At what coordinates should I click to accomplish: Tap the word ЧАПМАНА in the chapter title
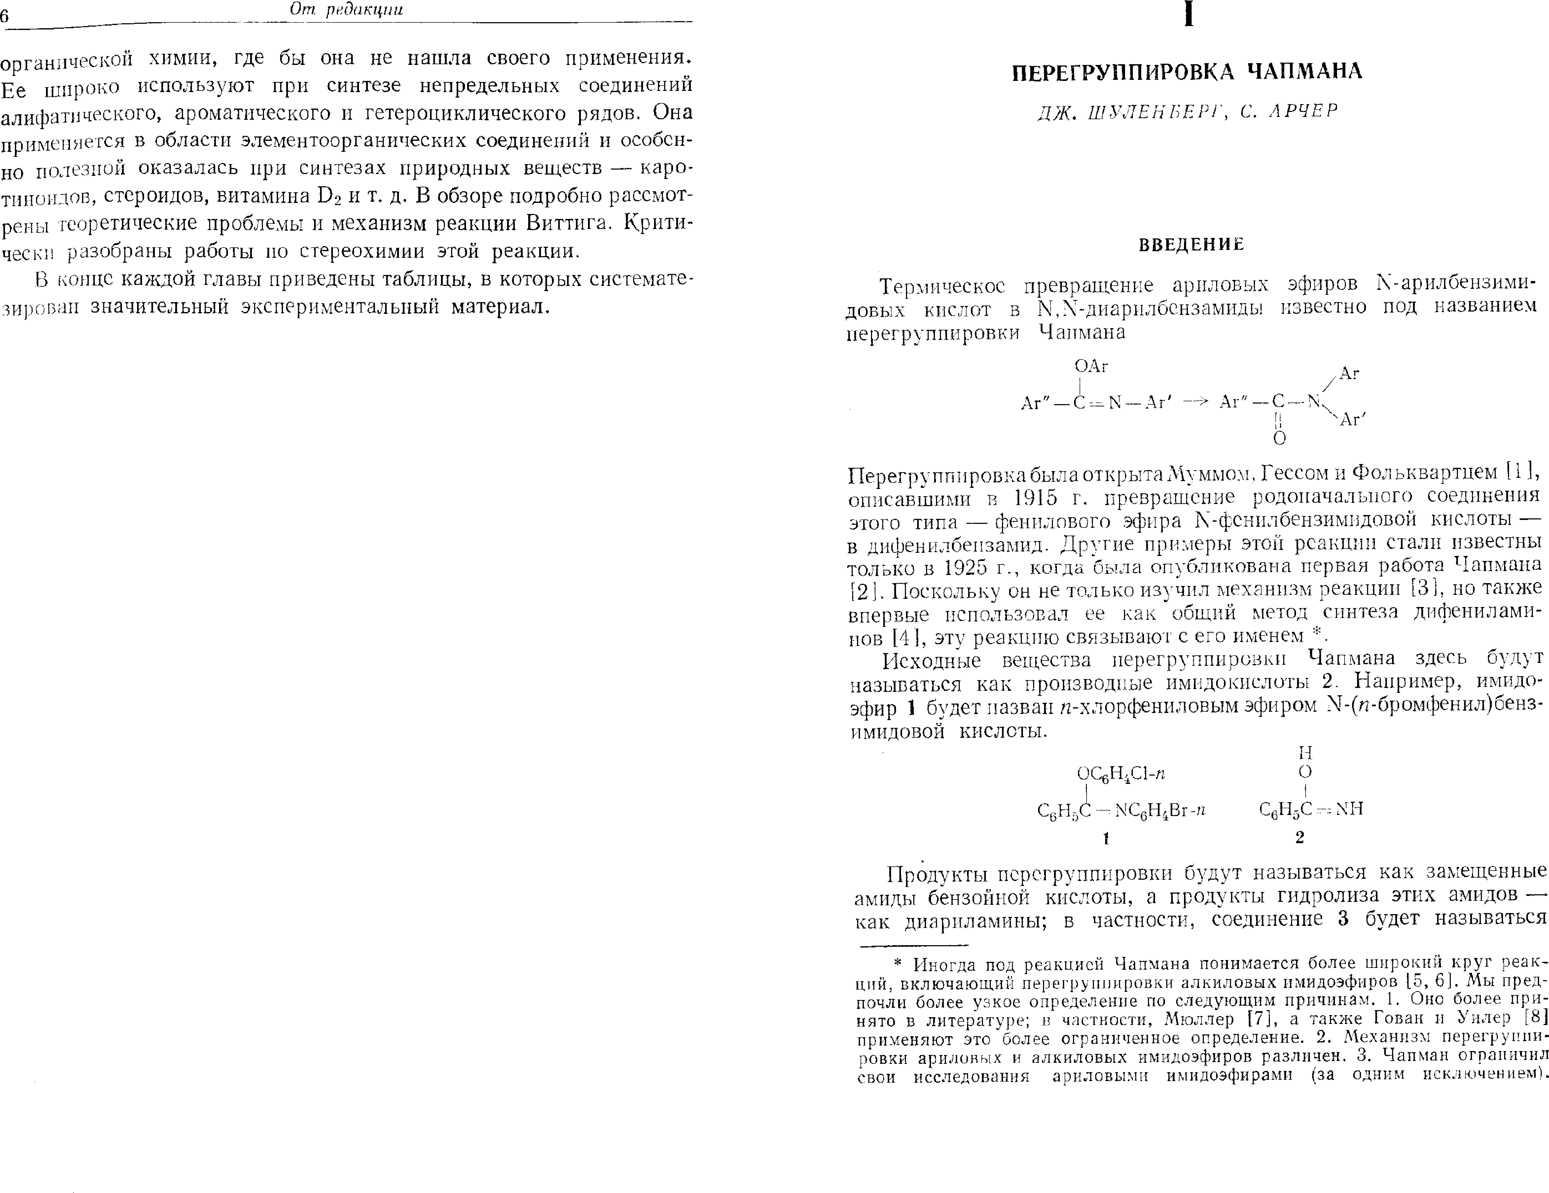pos(1304,72)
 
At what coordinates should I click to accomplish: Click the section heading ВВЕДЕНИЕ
pos(1192,245)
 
